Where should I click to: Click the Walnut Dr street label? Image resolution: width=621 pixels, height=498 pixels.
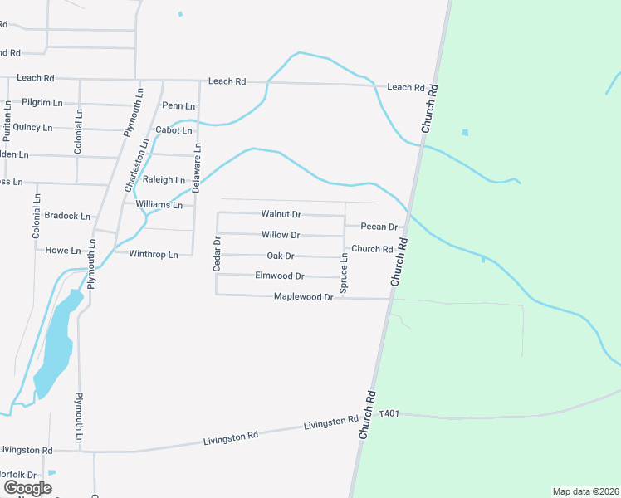[281, 214]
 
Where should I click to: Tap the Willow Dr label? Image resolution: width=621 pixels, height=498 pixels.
[281, 235]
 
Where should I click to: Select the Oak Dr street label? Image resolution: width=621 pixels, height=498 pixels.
[281, 256]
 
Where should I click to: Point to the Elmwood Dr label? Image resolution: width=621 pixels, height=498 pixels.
[280, 276]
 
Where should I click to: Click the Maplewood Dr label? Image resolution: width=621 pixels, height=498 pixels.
[303, 296]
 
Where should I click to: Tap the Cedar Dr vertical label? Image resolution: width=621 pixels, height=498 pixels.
[217, 254]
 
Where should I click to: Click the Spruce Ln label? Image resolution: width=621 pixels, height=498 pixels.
[344, 272]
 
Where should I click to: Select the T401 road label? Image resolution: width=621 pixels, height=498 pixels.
[389, 413]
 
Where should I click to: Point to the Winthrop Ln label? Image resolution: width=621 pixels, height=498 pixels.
[154, 254]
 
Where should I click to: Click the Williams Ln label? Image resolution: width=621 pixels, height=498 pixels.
[159, 204]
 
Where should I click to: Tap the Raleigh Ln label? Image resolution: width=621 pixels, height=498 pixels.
[164, 179]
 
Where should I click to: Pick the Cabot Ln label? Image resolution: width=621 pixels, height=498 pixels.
[174, 130]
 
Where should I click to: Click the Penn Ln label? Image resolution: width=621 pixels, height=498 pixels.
[178, 105]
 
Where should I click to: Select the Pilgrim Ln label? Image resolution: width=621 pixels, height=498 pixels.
[42, 103]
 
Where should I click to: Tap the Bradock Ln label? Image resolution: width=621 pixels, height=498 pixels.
[67, 216]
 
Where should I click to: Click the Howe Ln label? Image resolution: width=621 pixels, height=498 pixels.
[63, 250]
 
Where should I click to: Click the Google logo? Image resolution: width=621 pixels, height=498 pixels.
[27, 488]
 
